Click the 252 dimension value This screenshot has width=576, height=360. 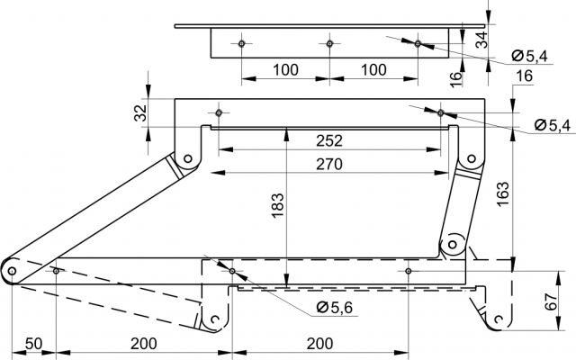[329, 140]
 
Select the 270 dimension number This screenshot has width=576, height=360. [329, 164]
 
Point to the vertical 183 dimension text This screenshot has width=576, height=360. [278, 205]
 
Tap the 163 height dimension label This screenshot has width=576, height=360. [502, 194]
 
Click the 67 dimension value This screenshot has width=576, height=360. [551, 301]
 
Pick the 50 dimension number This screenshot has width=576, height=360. [34, 344]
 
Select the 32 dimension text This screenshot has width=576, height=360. [140, 113]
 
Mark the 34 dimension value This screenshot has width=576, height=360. [481, 40]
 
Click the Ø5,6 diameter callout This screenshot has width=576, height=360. [334, 307]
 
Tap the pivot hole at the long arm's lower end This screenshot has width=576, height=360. [12, 271]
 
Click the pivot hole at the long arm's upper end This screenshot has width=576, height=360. [188, 158]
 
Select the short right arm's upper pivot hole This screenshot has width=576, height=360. [472, 158]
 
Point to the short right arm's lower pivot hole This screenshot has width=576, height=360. [453, 244]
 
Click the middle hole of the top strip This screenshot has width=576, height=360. [329, 44]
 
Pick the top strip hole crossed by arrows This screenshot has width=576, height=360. [418, 44]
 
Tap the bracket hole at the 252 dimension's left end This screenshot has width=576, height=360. [219, 112]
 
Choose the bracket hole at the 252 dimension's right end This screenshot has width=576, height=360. [441, 112]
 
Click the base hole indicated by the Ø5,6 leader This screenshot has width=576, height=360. [232, 271]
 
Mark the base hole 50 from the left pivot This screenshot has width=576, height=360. [56, 271]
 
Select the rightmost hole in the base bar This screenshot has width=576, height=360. [408, 271]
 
